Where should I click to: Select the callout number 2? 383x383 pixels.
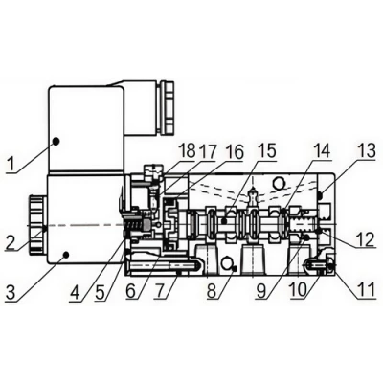click(11, 243)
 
